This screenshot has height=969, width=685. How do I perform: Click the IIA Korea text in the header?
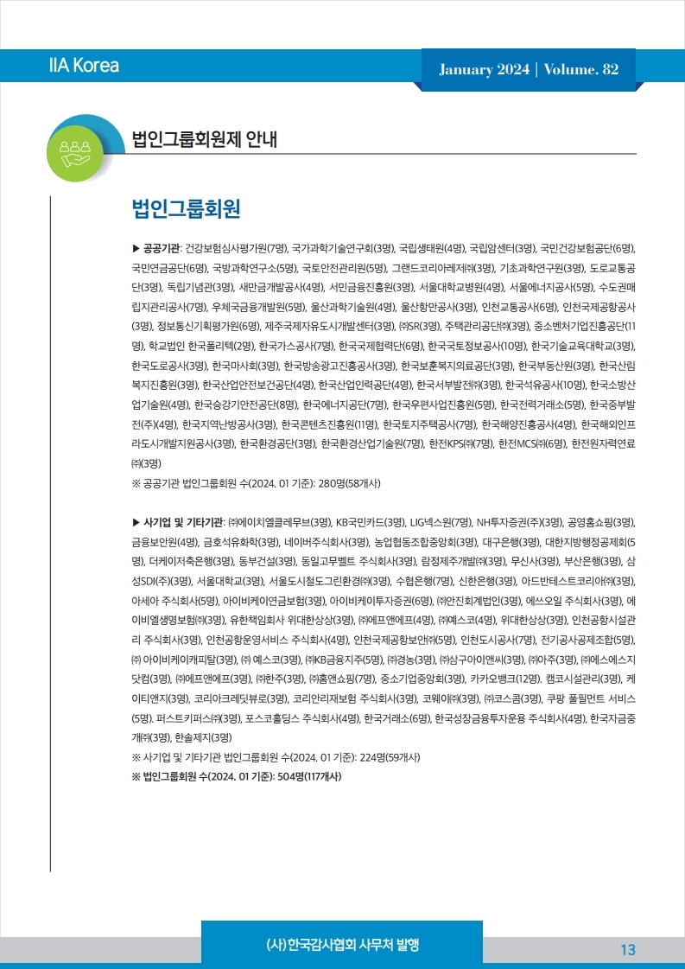[84, 66]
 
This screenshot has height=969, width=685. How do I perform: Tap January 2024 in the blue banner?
[483, 70]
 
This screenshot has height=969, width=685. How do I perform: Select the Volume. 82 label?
[581, 70]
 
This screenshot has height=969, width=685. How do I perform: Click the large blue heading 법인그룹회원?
[185, 210]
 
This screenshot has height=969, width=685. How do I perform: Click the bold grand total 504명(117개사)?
[299, 775]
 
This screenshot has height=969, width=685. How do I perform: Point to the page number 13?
[627, 950]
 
